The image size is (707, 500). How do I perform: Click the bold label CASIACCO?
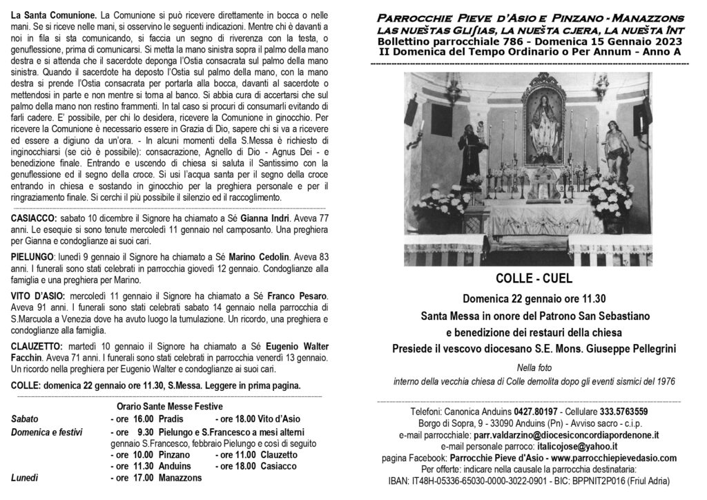35,218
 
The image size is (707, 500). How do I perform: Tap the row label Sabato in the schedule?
25,419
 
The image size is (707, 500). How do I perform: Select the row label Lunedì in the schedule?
25,478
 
